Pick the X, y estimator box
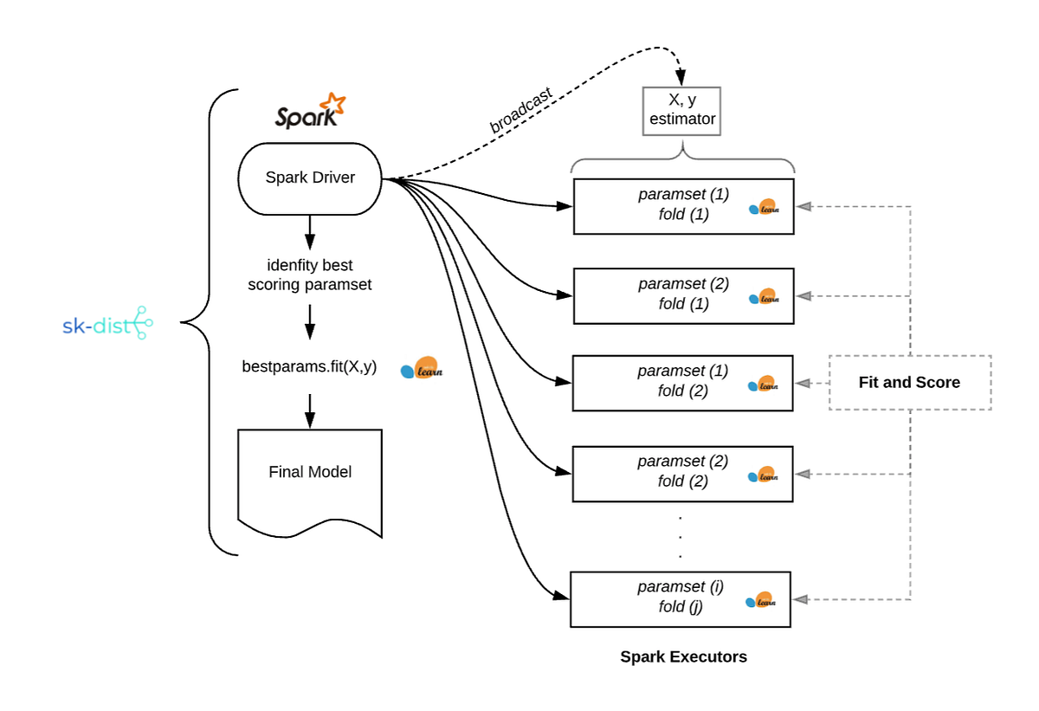(x=682, y=111)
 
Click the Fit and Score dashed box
(x=909, y=382)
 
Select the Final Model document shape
(x=309, y=476)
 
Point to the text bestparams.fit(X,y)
(x=309, y=366)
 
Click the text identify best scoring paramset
(x=309, y=274)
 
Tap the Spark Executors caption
(x=683, y=656)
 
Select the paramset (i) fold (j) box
(x=681, y=598)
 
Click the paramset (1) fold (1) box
(x=682, y=205)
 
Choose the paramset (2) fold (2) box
(x=682, y=472)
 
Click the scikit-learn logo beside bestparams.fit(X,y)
(x=422, y=369)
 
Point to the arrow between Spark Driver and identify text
(x=309, y=232)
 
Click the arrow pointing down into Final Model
(x=309, y=411)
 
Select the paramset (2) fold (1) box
(x=682, y=294)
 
